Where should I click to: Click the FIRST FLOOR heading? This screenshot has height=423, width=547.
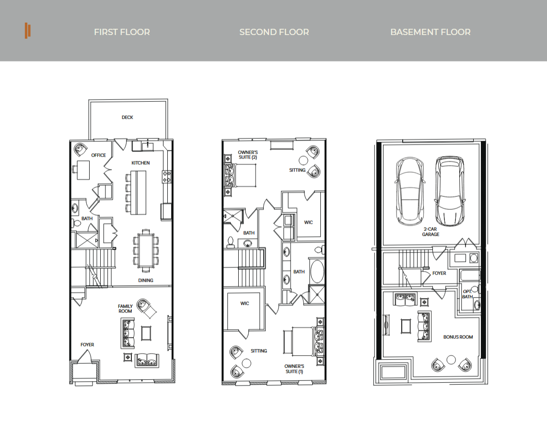pos(122,32)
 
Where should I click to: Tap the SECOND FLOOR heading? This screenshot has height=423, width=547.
pos(274,32)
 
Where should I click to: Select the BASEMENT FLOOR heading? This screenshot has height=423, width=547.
pos(431,32)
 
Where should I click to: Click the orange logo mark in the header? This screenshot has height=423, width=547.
pos(27,31)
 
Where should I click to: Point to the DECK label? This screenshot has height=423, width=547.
pos(128,117)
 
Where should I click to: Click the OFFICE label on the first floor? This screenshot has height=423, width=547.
pos(98,155)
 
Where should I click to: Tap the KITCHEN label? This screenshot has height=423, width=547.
pos(140,163)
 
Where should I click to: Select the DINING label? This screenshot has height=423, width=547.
pos(145,280)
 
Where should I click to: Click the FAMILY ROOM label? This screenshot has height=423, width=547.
pos(125,309)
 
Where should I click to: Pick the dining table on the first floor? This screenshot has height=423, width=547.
pos(145,251)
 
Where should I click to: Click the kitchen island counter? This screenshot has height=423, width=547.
pos(138,193)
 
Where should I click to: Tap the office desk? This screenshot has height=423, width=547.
pos(83,170)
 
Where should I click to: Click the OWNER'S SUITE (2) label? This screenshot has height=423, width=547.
pos(248,155)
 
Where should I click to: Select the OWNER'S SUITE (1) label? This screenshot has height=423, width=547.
pos(294,369)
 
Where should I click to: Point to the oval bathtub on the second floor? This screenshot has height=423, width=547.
pos(317,271)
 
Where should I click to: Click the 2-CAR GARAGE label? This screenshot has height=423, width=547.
pos(431,231)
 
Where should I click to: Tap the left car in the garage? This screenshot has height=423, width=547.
pos(410,191)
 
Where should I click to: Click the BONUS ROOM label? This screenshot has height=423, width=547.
pos(458,337)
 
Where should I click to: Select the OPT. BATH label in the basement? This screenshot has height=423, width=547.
pos(467,294)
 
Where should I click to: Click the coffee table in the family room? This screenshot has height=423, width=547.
pos(146,333)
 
